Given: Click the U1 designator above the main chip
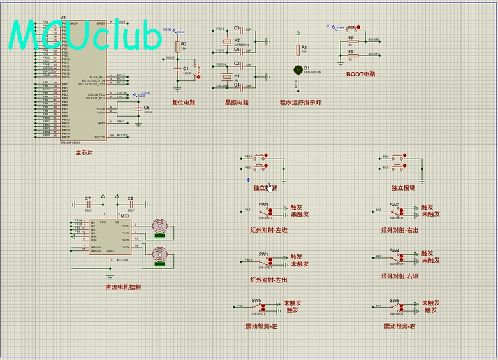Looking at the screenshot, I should [62, 17].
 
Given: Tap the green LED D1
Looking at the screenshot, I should [297, 69].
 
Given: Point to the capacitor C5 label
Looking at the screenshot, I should [147, 108].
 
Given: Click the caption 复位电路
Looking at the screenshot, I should [183, 102].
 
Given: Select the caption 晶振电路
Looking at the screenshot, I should [237, 102].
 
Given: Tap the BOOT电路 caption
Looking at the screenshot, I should [361, 74].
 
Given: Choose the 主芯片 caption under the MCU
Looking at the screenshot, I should [84, 153].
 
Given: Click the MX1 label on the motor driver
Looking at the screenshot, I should [125, 216].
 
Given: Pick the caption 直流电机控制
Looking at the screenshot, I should [123, 287].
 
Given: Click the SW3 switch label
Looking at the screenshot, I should [263, 205].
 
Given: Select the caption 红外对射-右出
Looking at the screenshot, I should [400, 230].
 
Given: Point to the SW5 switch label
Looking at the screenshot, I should [256, 300].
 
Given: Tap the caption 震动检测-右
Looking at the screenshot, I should [400, 326].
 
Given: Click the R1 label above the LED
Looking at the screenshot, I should [304, 48].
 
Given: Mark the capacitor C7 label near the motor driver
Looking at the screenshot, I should [88, 198].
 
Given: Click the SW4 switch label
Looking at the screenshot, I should [394, 250].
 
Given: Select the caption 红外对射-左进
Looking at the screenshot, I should [268, 230].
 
